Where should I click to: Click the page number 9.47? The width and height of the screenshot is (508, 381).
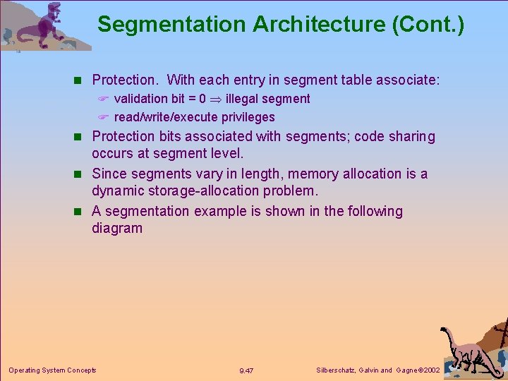coord(246,370)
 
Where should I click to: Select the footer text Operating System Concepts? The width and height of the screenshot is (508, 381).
coord(52,370)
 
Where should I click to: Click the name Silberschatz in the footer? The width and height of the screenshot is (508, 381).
coord(337,370)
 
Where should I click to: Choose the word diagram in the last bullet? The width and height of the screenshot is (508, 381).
coord(117,228)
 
